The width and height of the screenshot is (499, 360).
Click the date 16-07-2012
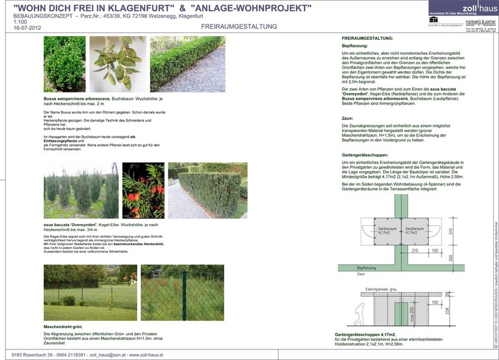point(26,28)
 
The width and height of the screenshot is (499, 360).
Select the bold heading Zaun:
point(347,117)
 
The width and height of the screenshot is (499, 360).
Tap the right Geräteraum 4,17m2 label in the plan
point(416,231)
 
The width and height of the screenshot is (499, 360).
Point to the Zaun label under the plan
point(361,274)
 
